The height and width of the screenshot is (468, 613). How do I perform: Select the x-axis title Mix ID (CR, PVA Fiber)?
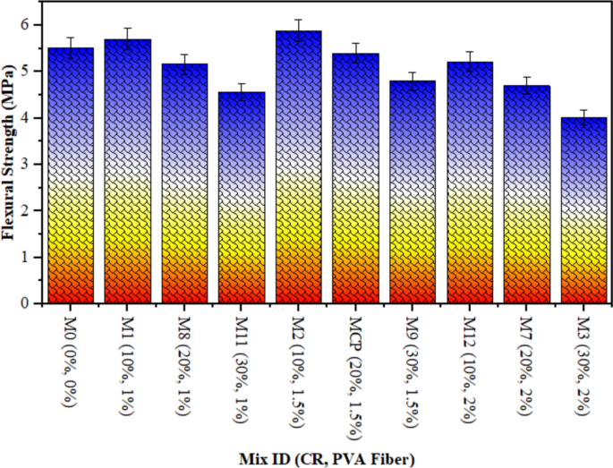pos(327,458)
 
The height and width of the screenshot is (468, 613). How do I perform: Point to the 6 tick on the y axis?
pos(25,24)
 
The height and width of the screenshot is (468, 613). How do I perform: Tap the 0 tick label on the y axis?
pos(25,303)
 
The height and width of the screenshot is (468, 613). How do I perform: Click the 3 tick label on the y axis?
pos(25,164)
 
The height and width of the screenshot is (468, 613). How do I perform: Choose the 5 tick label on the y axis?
pos(25,71)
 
